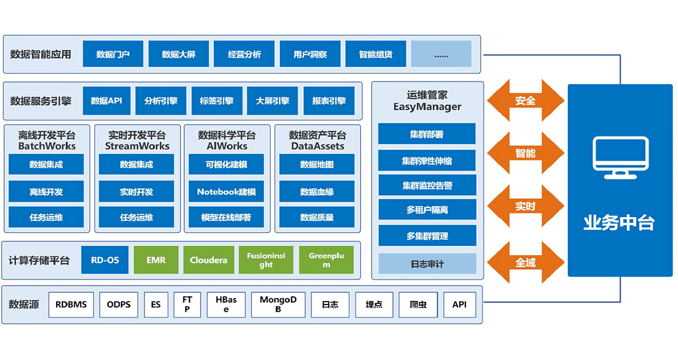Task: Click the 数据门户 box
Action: click(113, 54)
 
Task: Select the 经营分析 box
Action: click(244, 54)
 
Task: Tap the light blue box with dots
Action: click(441, 54)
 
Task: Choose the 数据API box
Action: click(106, 101)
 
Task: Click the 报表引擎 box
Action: click(329, 101)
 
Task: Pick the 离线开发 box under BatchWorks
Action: click(46, 192)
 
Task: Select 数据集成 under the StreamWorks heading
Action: click(136, 165)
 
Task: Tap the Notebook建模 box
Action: click(227, 192)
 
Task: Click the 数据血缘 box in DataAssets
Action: click(317, 192)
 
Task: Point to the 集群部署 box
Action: click(427, 134)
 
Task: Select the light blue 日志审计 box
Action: click(427, 264)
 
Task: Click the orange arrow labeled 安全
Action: click(525, 100)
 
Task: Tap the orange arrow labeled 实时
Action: click(525, 206)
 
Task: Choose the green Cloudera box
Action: click(208, 260)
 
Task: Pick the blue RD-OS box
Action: click(104, 260)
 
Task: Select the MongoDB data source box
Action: click(278, 305)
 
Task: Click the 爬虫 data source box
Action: click(417, 305)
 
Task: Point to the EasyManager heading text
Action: click(427, 107)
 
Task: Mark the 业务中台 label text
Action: click(620, 222)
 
